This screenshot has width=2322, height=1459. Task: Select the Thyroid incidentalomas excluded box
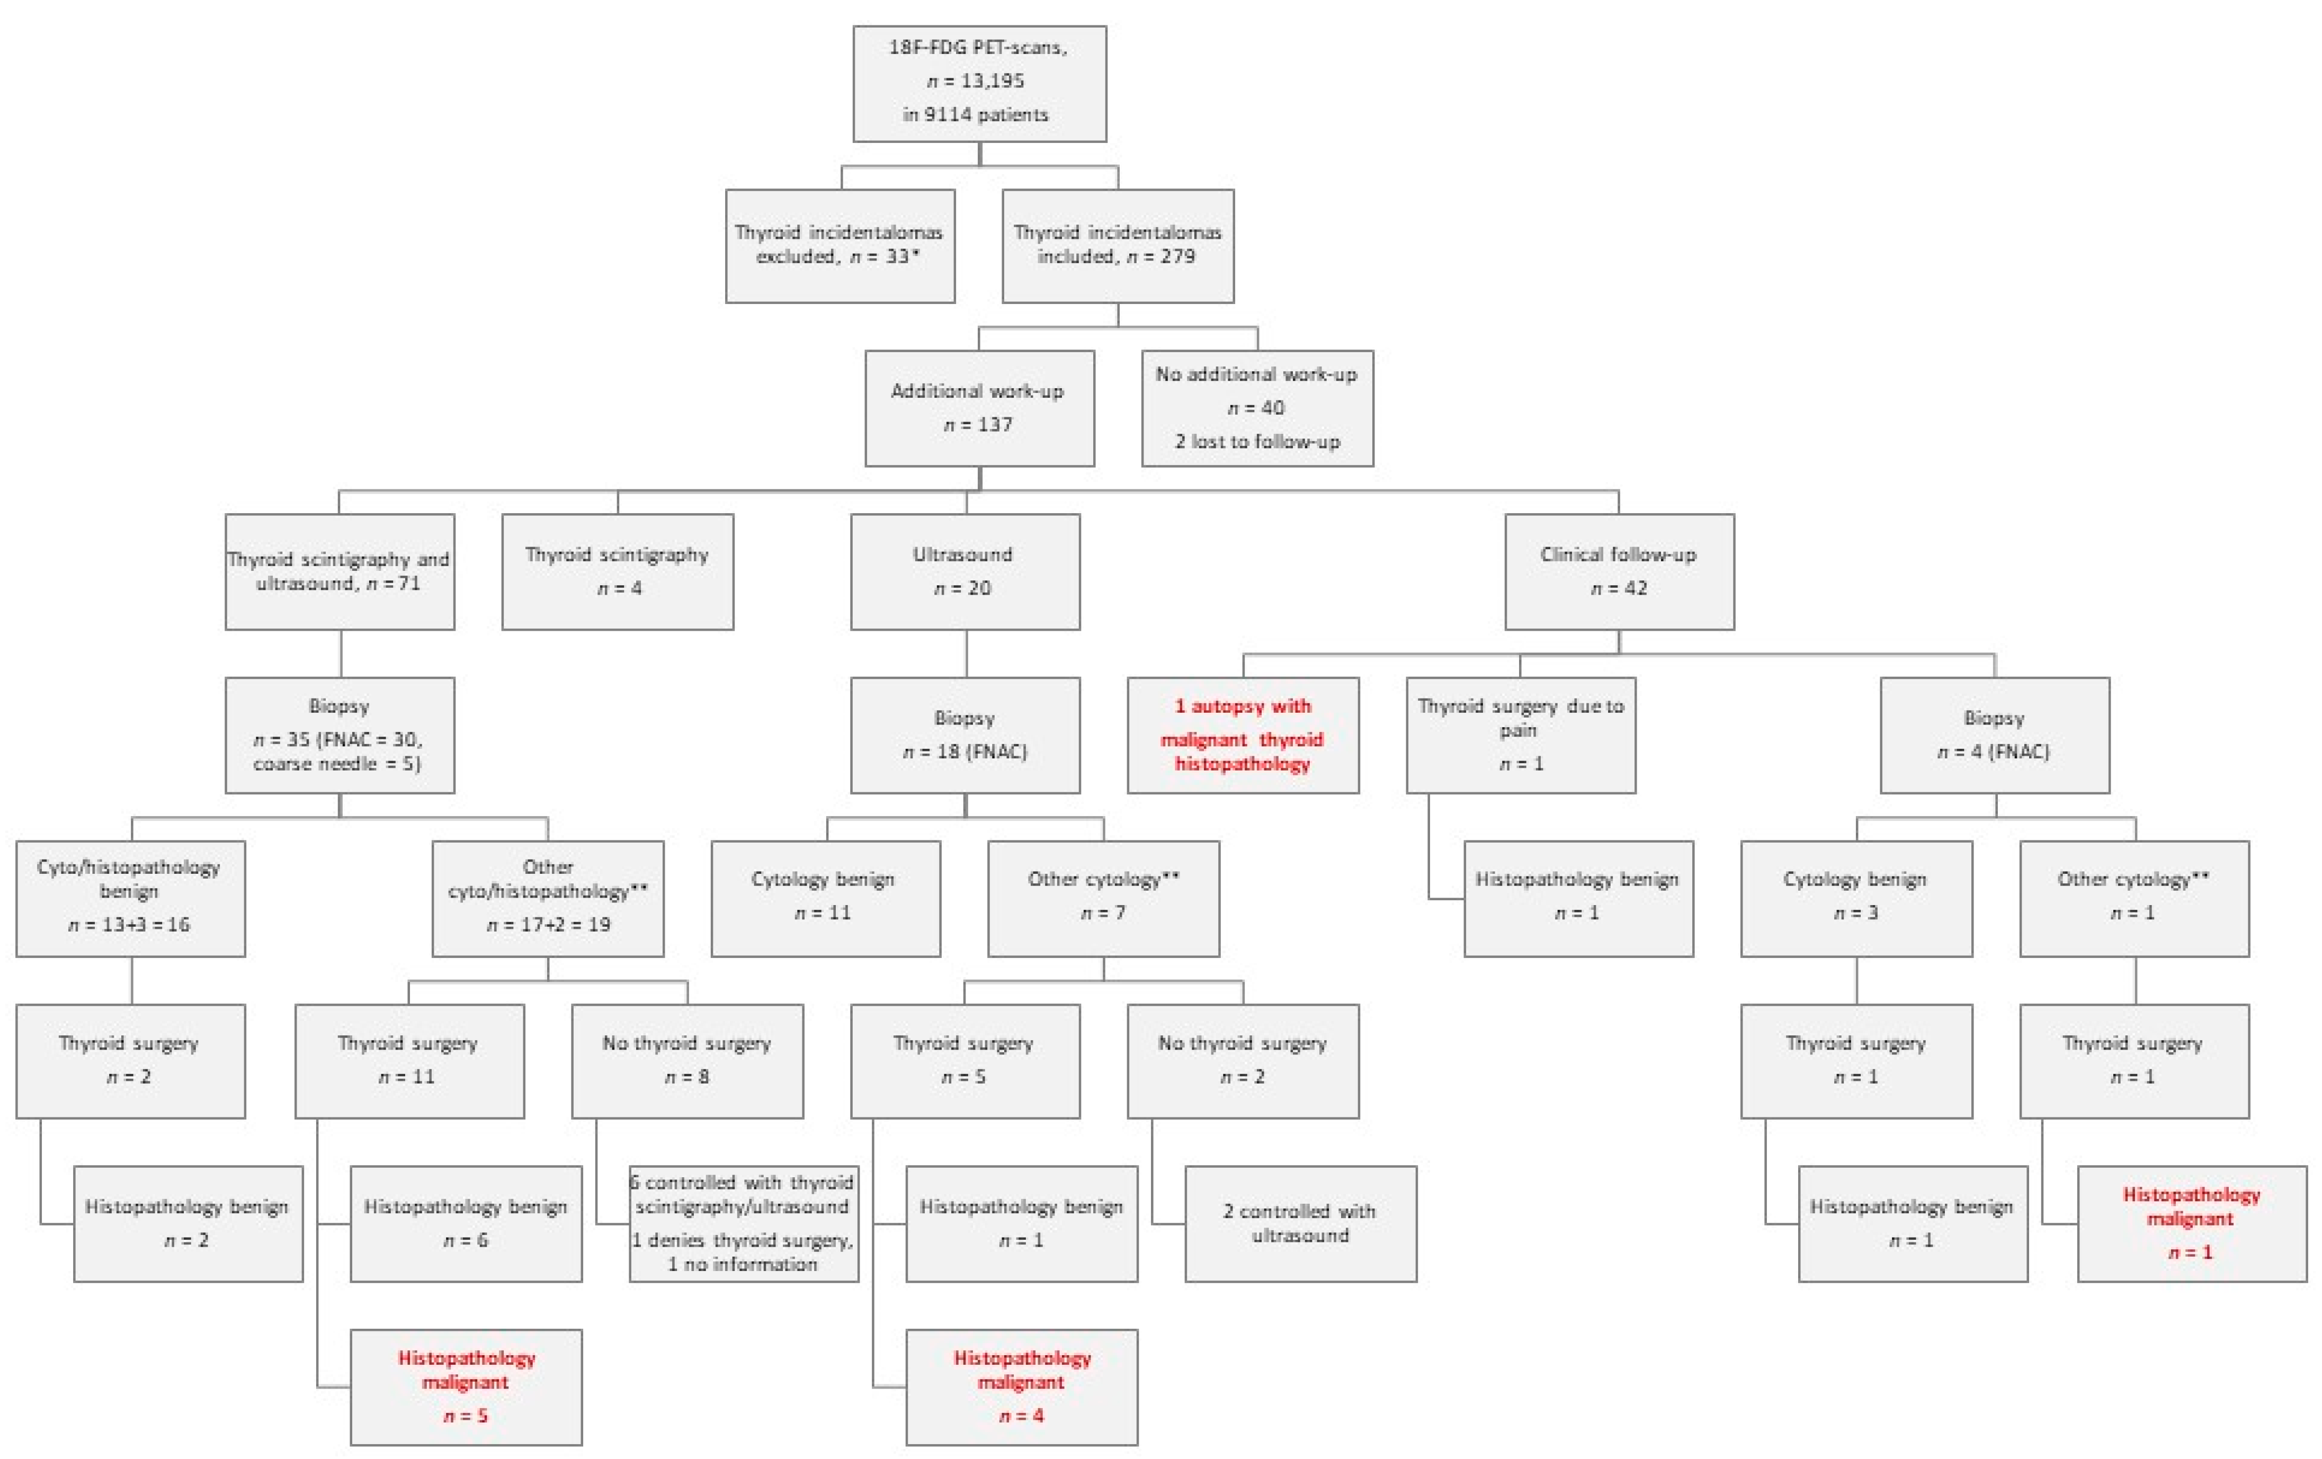coord(840,246)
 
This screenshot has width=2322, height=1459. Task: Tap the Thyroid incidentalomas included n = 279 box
coord(1118,246)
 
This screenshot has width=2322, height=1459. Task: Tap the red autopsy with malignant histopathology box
coord(1243,735)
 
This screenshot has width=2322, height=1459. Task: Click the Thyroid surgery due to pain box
coord(1521,735)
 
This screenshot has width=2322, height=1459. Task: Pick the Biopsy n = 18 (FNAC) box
coord(964,735)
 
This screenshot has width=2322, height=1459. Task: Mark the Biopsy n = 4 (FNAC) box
coord(1994,735)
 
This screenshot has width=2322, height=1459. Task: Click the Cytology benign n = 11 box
coord(825,898)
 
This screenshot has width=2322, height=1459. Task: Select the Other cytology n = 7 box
coord(1103,898)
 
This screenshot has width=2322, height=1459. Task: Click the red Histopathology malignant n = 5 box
coord(466,1386)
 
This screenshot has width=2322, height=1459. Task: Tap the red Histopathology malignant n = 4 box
coord(1021,1386)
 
